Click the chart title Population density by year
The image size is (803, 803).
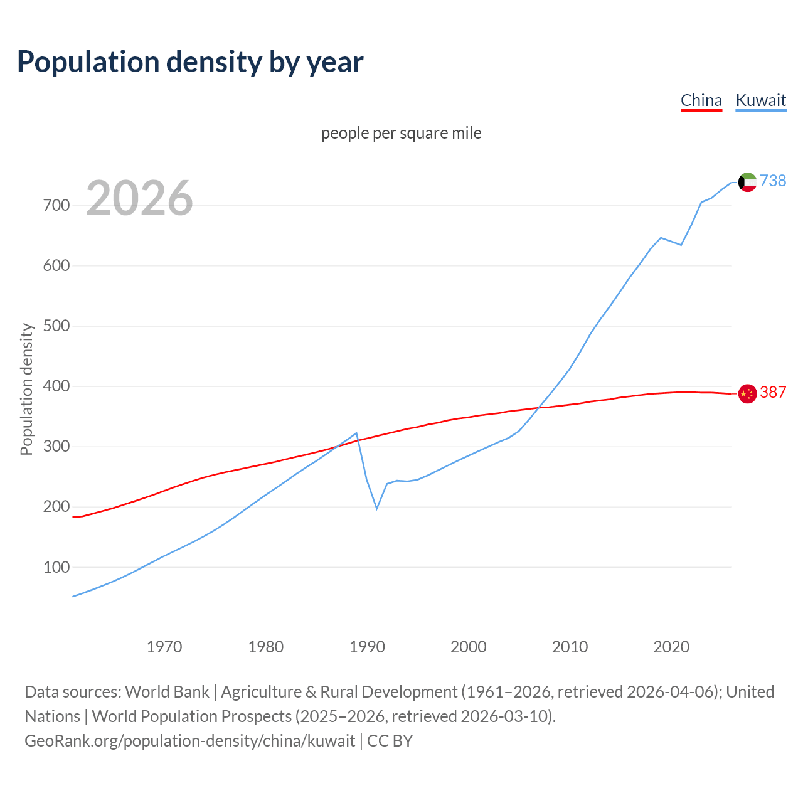[x=190, y=62]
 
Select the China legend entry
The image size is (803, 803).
[x=701, y=100]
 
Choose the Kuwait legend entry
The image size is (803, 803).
[x=760, y=100]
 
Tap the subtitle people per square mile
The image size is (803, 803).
[x=401, y=133]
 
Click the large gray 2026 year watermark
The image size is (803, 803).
[x=139, y=198]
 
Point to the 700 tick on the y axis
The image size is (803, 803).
[x=56, y=205]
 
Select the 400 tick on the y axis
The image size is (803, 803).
[x=56, y=386]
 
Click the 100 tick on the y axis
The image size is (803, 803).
[x=56, y=567]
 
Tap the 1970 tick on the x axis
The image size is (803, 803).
[x=164, y=646]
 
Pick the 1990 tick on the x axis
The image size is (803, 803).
[x=367, y=646]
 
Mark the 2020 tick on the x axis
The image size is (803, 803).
[x=671, y=646]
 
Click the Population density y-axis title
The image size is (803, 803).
[x=26, y=389]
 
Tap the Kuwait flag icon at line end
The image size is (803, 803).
[x=747, y=182]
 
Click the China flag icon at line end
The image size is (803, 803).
[x=747, y=393]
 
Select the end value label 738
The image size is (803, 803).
[x=773, y=181]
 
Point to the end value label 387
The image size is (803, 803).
[x=773, y=392]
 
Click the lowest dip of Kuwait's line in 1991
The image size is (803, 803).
[x=376, y=508]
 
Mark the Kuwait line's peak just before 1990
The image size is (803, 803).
[x=356, y=433]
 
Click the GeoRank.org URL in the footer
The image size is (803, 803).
[x=190, y=740]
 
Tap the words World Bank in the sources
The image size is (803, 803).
[x=167, y=691]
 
